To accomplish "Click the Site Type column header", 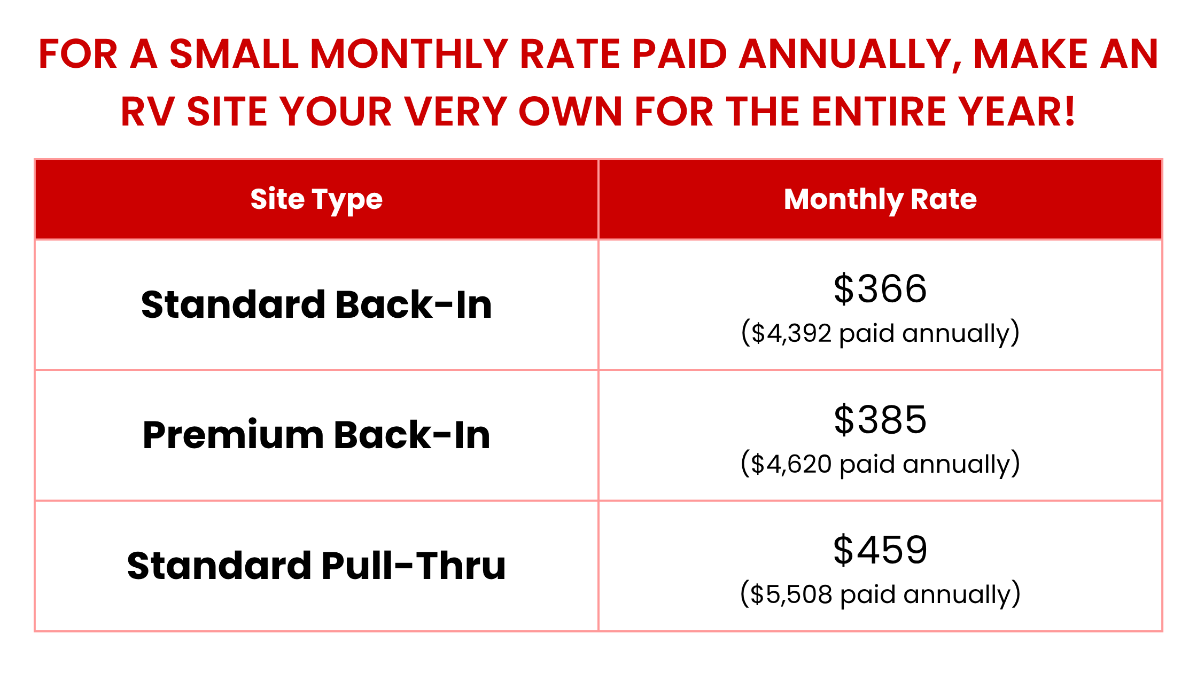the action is tap(316, 200).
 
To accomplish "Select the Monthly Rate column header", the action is tap(880, 200).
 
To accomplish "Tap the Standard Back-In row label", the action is tap(316, 304).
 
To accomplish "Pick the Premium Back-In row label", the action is tap(316, 435).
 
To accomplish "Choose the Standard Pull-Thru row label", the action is tap(316, 566).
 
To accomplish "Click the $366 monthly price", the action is tap(880, 288).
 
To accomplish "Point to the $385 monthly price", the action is tap(880, 419).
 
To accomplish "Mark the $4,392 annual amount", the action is tap(791, 333).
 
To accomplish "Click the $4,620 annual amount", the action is tap(791, 464).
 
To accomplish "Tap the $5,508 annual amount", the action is tap(791, 594).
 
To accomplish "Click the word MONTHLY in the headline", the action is tap(409, 54).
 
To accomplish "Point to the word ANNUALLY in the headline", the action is tap(850, 54).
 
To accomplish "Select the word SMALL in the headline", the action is tap(234, 54).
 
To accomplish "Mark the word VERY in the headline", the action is tap(455, 112).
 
